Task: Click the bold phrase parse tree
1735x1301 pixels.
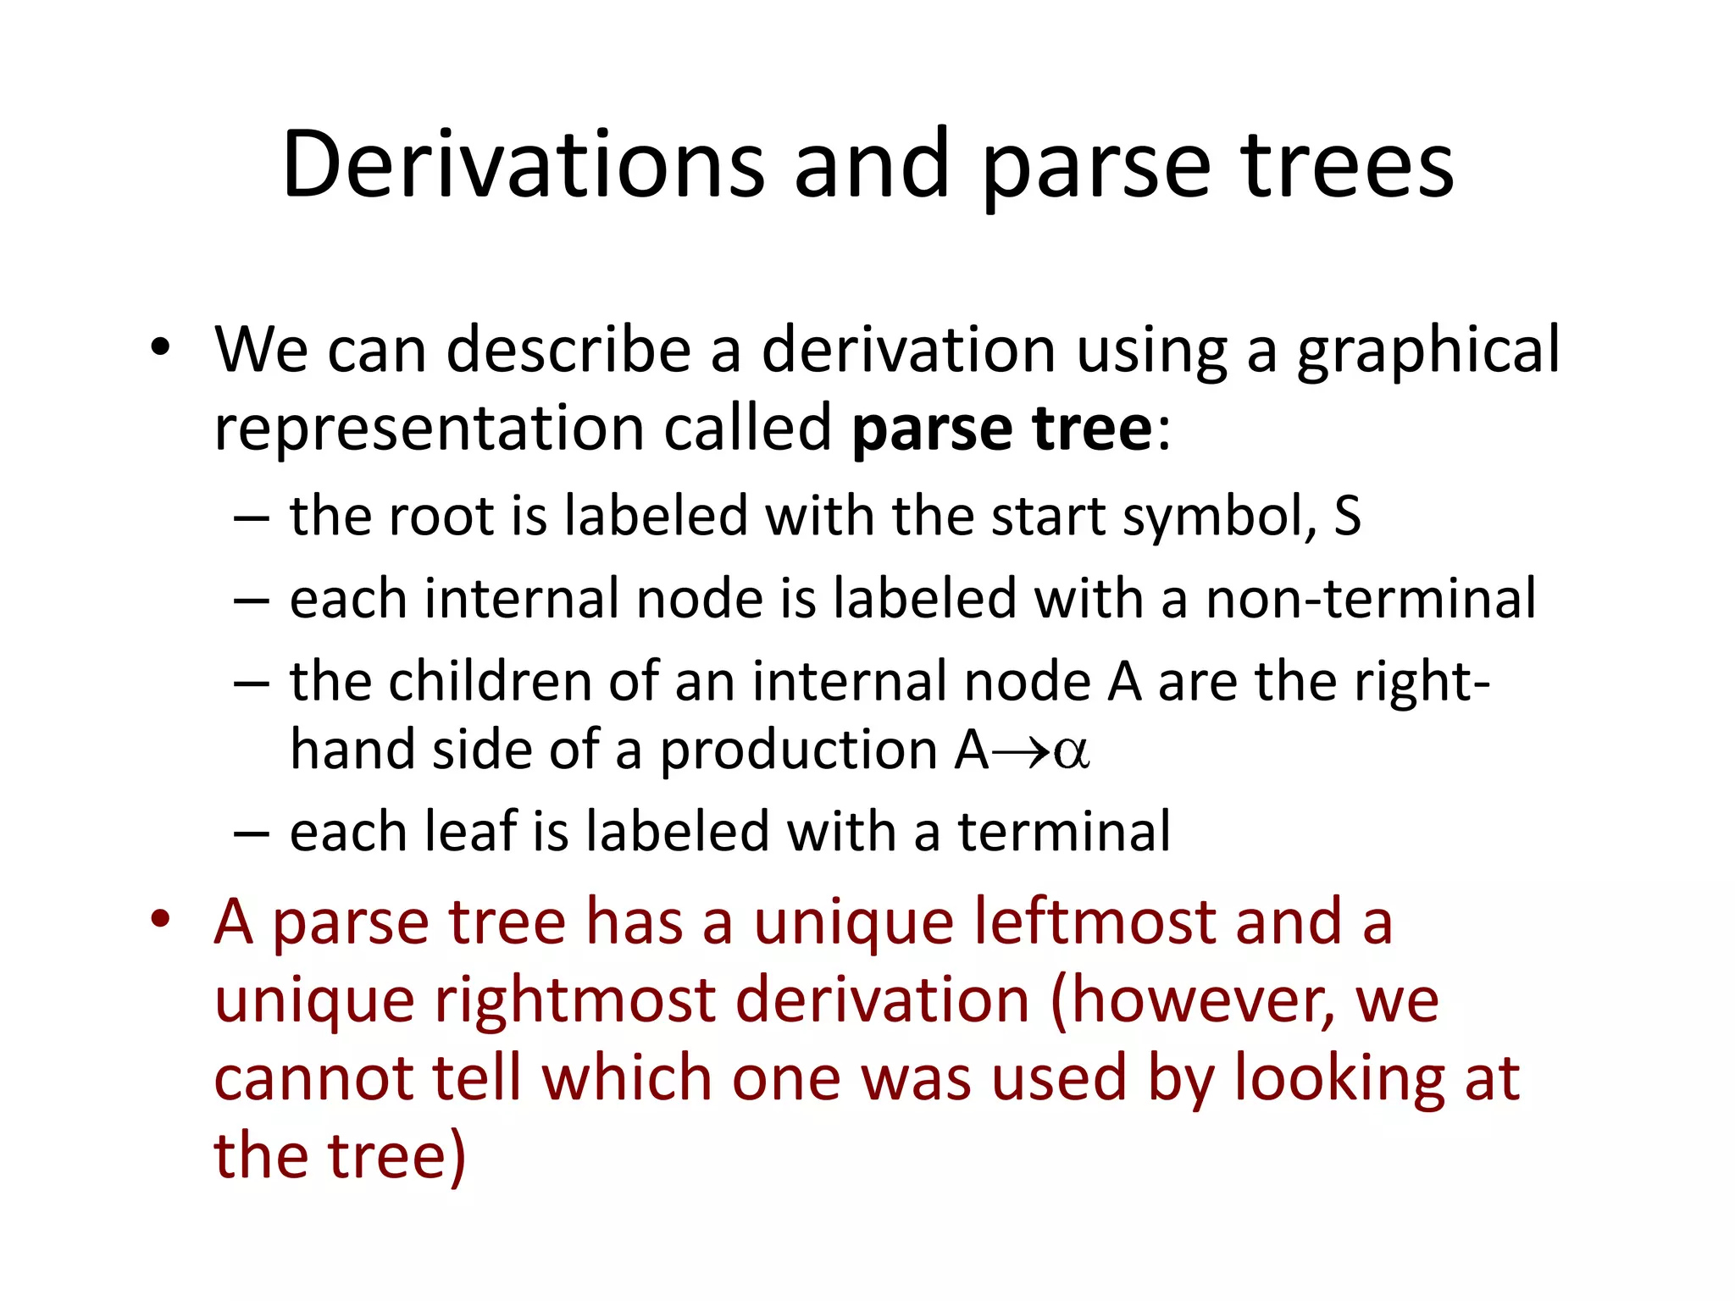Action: [1001, 428]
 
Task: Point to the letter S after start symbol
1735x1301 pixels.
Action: [1346, 516]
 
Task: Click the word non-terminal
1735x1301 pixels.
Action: [1370, 599]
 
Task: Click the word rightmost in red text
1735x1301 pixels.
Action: [575, 1000]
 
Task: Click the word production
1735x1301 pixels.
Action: [797, 751]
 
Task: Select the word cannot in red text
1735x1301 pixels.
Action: [313, 1078]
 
